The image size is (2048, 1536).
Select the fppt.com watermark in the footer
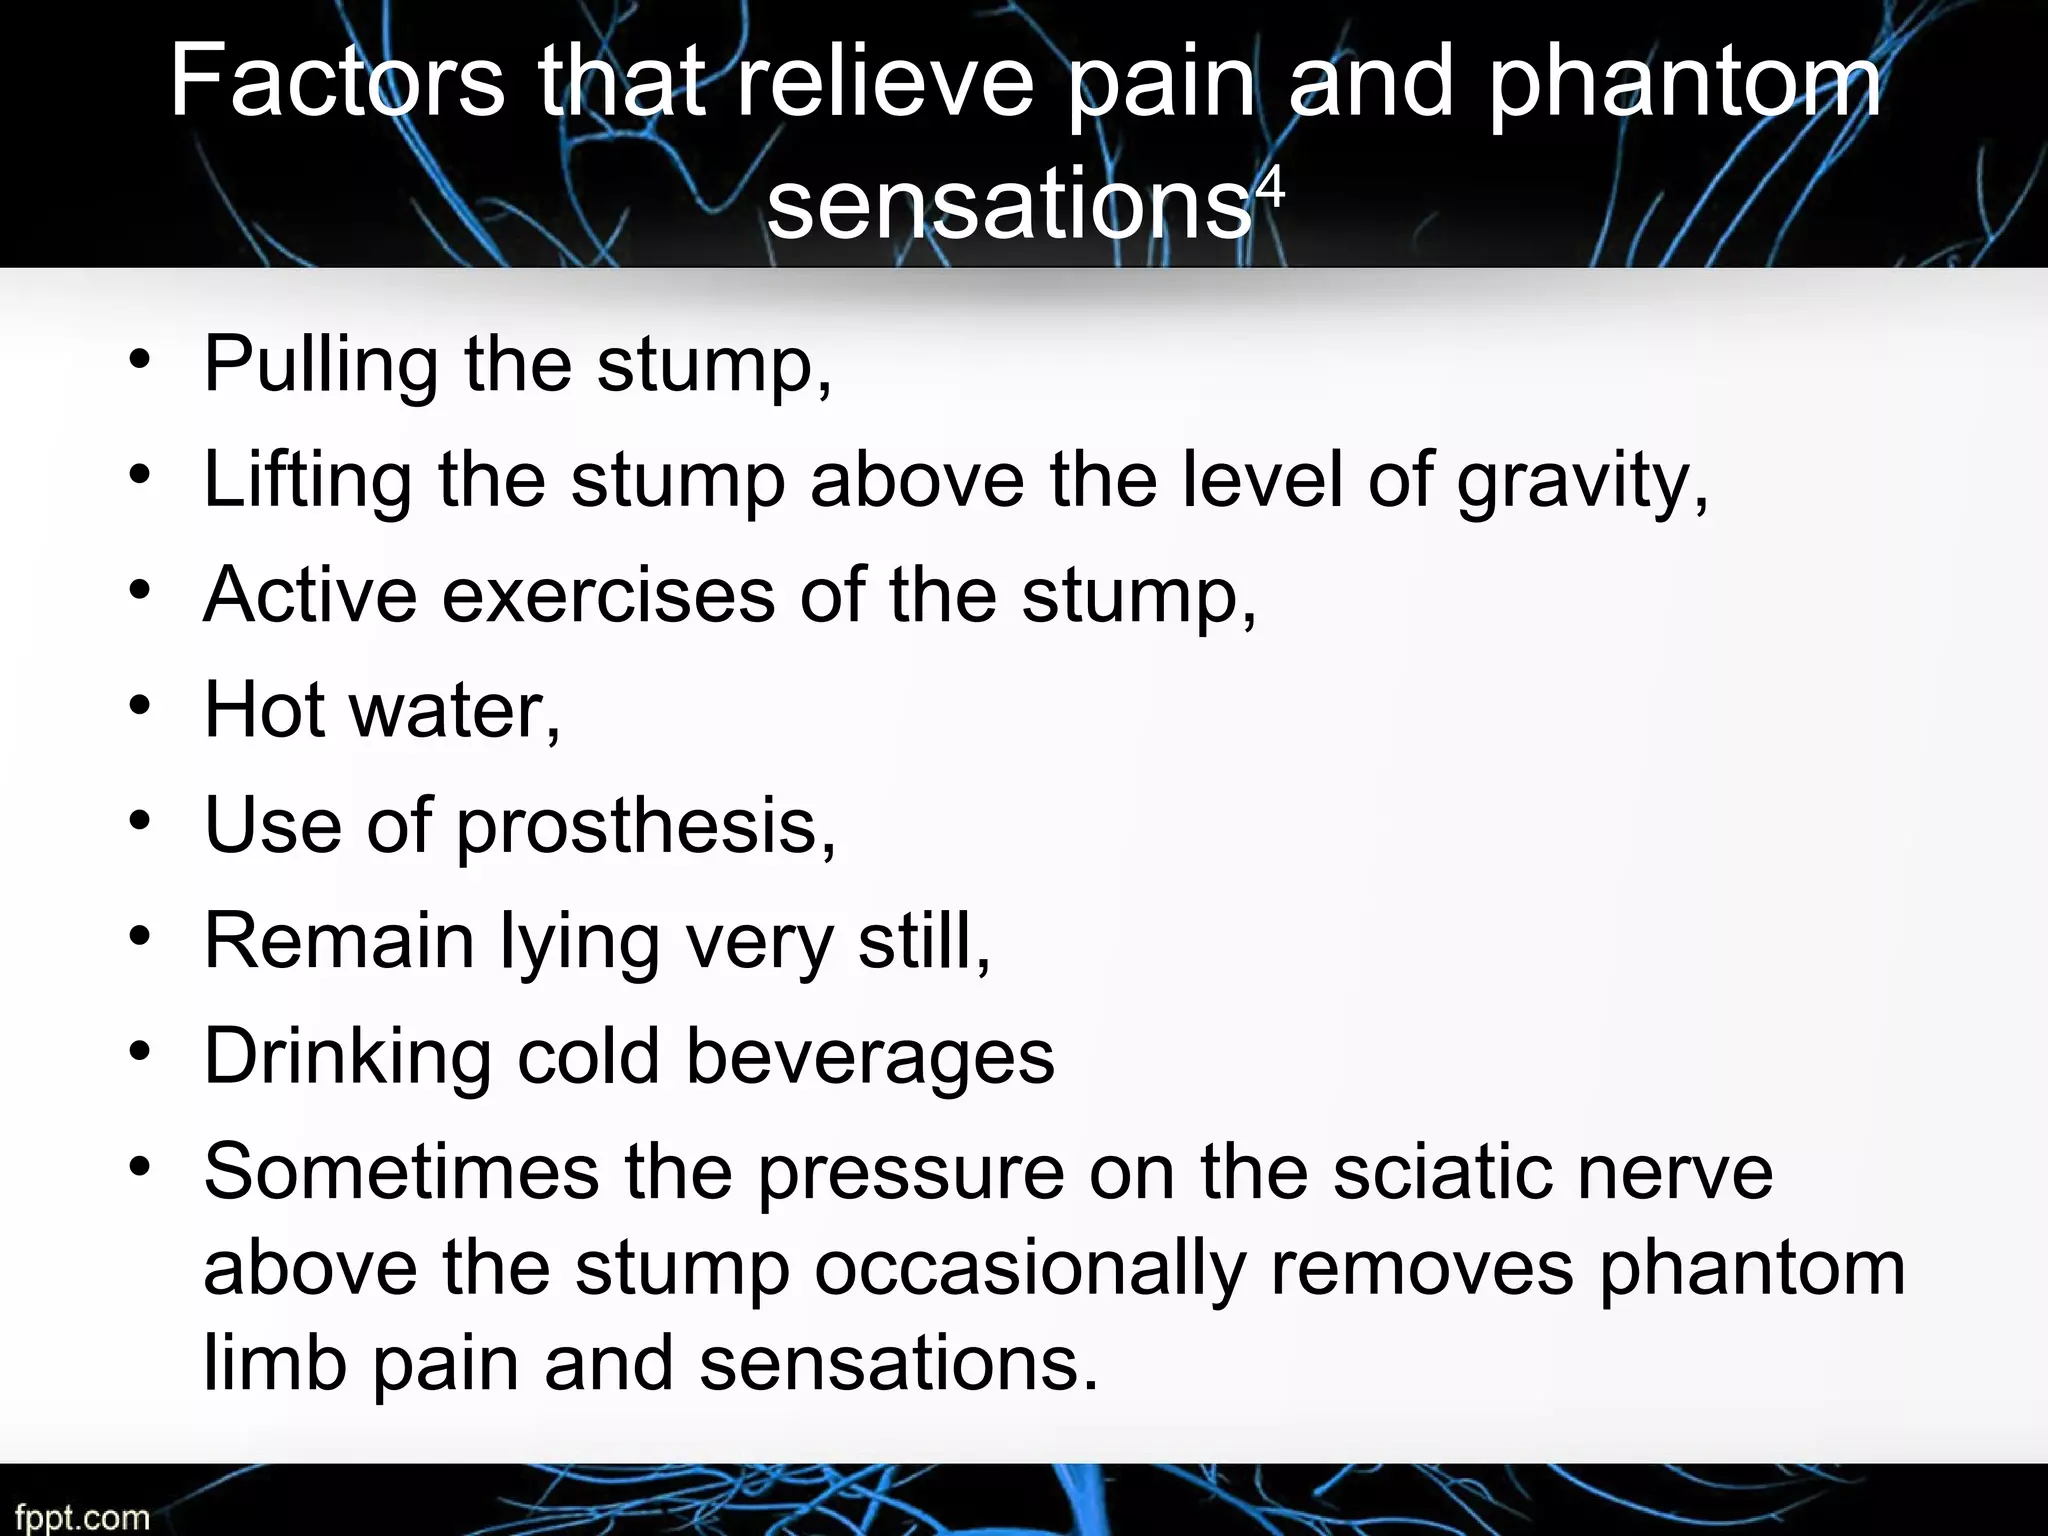pyautogui.click(x=82, y=1517)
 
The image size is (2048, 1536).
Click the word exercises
pyautogui.click(x=608, y=595)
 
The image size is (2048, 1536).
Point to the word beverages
pyautogui.click(x=870, y=1057)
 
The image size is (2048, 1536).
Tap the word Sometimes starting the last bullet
pyautogui.click(x=401, y=1172)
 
